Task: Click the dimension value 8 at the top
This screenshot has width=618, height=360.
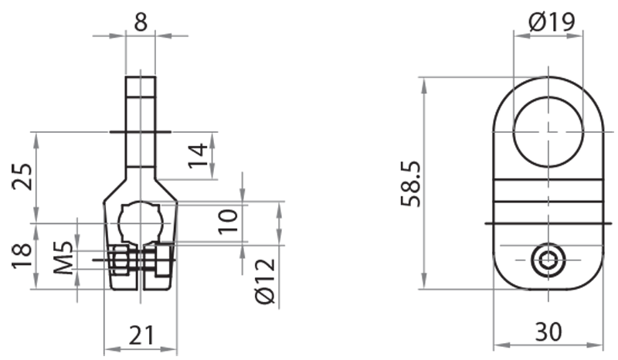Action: [x=140, y=21]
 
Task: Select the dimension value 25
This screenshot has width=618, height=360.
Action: [x=22, y=178]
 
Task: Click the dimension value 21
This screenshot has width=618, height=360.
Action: [x=141, y=335]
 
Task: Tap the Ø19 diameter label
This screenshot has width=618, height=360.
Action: [x=552, y=23]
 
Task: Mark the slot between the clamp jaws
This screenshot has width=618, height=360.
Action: [x=140, y=270]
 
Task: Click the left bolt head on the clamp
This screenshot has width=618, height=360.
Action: [x=118, y=261]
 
